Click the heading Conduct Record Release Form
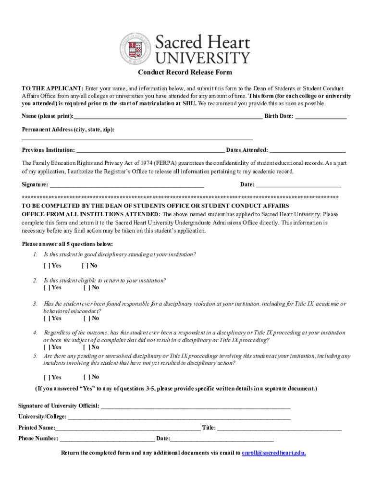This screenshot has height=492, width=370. pyautogui.click(x=185, y=73)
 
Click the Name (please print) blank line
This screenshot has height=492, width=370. pyautogui.click(x=168, y=117)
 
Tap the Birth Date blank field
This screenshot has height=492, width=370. pyautogui.click(x=321, y=117)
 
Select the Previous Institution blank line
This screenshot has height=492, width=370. pyautogui.click(x=150, y=150)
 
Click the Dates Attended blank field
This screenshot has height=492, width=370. pyautogui.click(x=308, y=150)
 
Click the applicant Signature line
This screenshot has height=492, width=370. pyautogui.click(x=127, y=185)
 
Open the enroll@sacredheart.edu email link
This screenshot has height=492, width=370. pyautogui.click(x=274, y=453)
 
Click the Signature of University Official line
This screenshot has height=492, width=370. pyautogui.click(x=195, y=406)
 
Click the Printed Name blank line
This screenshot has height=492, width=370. pyautogui.click(x=128, y=428)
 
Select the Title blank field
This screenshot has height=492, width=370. pyautogui.click(x=279, y=428)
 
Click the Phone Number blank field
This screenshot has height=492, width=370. pyautogui.click(x=107, y=439)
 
